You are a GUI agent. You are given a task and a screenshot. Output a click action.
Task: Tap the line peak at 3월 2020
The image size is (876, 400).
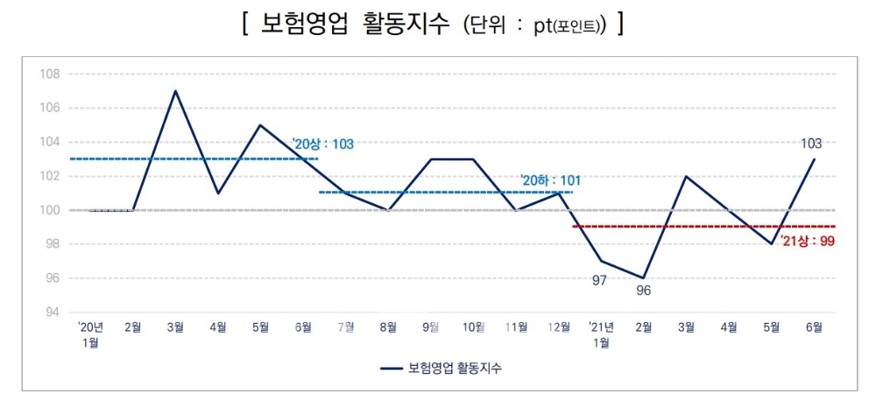click(175, 91)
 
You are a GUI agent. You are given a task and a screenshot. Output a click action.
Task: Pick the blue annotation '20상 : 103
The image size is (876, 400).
click(323, 144)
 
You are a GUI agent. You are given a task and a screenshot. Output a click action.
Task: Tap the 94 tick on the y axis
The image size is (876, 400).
click(52, 312)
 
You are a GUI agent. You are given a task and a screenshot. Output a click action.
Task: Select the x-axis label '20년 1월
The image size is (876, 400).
click(90, 334)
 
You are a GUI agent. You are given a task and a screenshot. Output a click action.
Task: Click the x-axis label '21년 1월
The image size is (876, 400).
click(602, 334)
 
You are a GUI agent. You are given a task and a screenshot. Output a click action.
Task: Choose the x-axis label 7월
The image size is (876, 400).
click(346, 328)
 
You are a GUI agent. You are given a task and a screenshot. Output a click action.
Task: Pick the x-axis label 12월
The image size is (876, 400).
click(557, 328)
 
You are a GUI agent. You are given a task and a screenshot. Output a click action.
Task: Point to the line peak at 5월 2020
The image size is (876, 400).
click(260, 125)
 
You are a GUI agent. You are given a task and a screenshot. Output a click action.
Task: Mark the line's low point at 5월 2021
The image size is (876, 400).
click(772, 244)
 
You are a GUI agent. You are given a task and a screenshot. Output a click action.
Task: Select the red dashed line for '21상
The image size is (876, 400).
click(683, 227)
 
